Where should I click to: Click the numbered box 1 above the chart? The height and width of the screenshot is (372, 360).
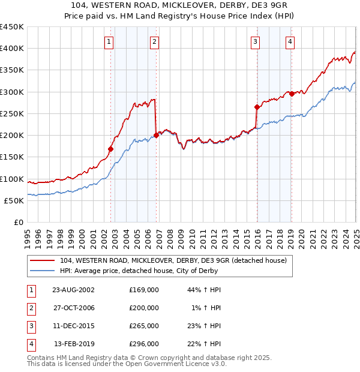click(109, 41)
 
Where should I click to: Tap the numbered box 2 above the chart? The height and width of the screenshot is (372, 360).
click(155, 41)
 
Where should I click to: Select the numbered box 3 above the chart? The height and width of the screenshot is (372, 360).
click(256, 41)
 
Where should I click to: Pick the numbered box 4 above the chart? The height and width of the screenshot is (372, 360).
click(290, 41)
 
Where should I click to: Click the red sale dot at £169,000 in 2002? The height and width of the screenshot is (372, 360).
click(111, 149)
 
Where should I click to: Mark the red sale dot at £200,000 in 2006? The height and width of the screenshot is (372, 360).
click(157, 135)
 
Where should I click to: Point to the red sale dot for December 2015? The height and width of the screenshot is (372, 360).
click(257, 107)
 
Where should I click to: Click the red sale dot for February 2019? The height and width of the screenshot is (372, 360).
click(292, 94)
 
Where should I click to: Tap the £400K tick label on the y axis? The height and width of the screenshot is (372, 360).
click(12, 49)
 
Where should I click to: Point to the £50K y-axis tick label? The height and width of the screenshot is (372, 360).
click(14, 200)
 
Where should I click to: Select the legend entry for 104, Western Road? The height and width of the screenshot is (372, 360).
click(173, 260)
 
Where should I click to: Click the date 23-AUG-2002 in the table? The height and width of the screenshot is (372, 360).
click(74, 290)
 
